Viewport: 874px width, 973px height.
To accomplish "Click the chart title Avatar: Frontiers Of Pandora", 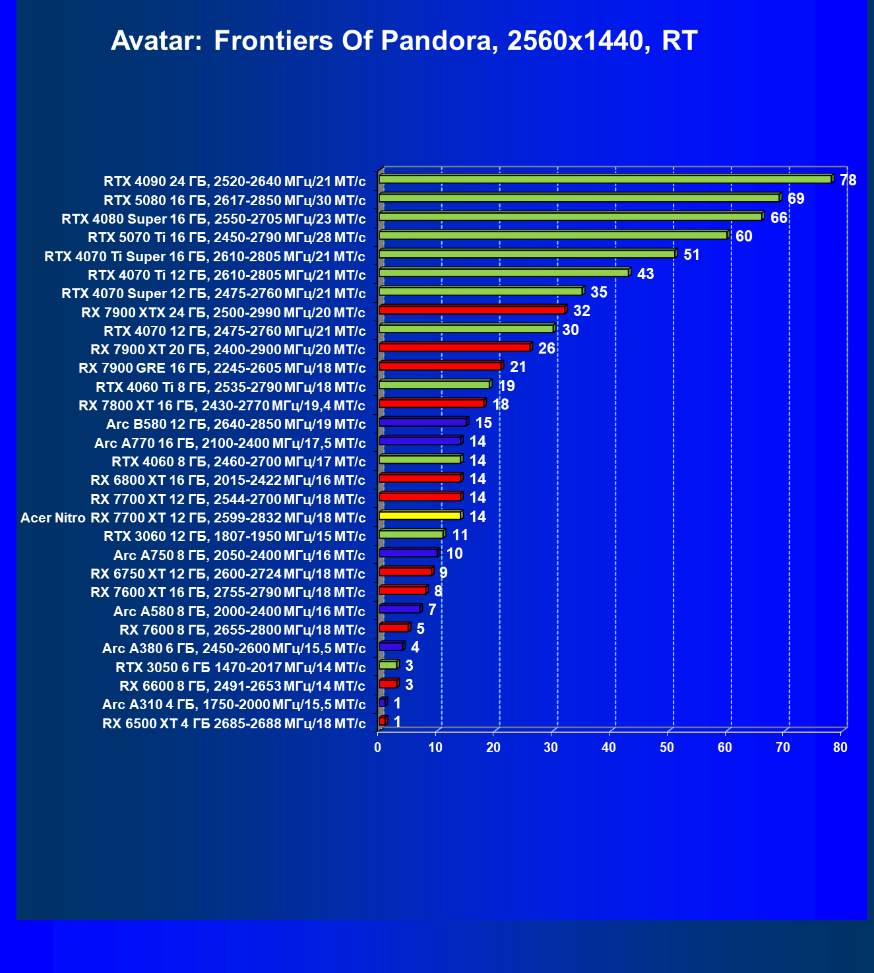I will [x=404, y=41].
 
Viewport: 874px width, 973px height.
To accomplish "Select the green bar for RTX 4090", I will [x=605, y=179].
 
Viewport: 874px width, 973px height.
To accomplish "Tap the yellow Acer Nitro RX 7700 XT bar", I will [x=420, y=516].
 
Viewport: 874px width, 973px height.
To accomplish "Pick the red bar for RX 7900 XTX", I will [x=472, y=310].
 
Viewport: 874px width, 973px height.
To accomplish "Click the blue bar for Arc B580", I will [x=423, y=422].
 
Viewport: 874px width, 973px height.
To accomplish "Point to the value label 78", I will [x=848, y=180].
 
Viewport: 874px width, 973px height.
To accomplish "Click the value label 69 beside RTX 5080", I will [x=796, y=199].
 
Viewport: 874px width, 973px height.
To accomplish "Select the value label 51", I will [x=691, y=255].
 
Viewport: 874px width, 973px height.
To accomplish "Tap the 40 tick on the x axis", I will [x=609, y=747].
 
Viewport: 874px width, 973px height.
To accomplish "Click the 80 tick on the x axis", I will [x=840, y=747].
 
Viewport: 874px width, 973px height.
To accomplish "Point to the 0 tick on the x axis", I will [x=378, y=747].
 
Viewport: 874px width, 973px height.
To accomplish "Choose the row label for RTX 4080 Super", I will [x=214, y=219].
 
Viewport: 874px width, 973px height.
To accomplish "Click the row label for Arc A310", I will [x=234, y=705].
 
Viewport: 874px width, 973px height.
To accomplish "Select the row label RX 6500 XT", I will [x=234, y=724].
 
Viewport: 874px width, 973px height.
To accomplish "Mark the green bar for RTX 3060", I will [x=412, y=534].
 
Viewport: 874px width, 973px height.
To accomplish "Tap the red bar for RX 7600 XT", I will [x=402, y=590].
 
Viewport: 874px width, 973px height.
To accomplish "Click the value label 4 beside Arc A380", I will [x=415, y=647].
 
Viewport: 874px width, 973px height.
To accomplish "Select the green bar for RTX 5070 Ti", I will [x=553, y=235].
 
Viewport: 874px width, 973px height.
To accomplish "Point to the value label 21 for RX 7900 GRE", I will [x=518, y=367].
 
